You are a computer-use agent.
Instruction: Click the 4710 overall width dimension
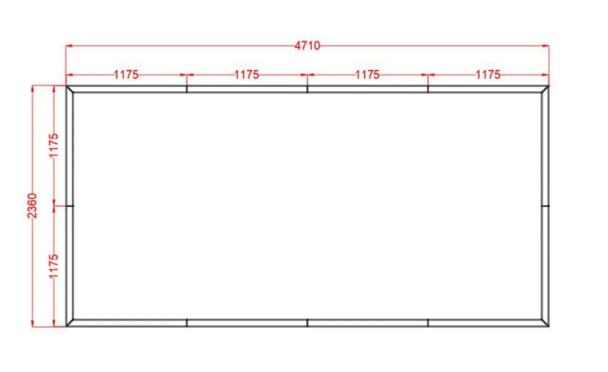(307, 46)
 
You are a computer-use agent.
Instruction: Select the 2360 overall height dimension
(33, 206)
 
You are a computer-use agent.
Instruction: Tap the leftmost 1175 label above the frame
(126, 75)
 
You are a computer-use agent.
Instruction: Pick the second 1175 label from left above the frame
(247, 75)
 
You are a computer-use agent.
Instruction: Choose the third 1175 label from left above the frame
(367, 75)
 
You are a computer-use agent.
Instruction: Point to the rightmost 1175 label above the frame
(488, 75)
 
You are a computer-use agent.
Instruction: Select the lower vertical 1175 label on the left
(53, 266)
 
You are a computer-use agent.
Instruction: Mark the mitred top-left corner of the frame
(70, 89)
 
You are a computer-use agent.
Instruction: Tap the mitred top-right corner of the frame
(545, 89)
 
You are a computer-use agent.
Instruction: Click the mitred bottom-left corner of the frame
(70, 322)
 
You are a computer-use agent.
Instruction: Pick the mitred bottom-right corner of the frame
(545, 322)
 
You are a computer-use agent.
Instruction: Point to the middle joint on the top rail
(307, 89)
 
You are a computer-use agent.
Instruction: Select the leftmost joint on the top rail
(187, 89)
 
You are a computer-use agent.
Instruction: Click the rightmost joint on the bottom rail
(428, 323)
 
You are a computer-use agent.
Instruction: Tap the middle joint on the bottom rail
(307, 323)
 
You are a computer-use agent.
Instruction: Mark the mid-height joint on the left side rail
(70, 205)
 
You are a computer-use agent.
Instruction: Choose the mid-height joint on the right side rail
(545, 205)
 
